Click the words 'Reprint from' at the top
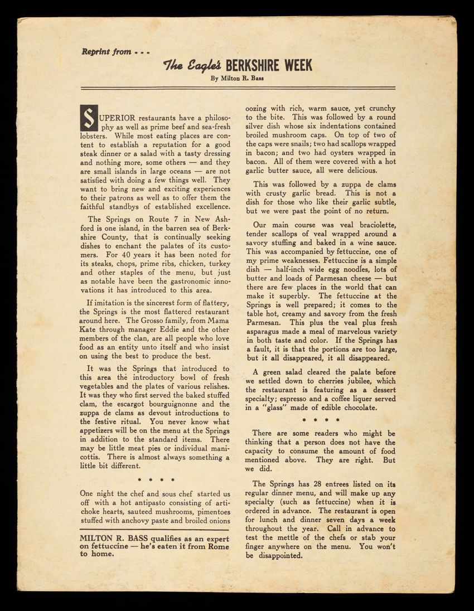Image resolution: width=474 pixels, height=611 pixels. coord(106,52)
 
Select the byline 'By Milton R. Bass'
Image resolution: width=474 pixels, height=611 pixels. coord(237,79)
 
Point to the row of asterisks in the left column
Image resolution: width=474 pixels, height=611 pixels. coord(157,479)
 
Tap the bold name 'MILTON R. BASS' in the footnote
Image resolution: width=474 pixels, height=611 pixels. coord(110,537)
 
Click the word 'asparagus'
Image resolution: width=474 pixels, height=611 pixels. coord(266,332)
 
